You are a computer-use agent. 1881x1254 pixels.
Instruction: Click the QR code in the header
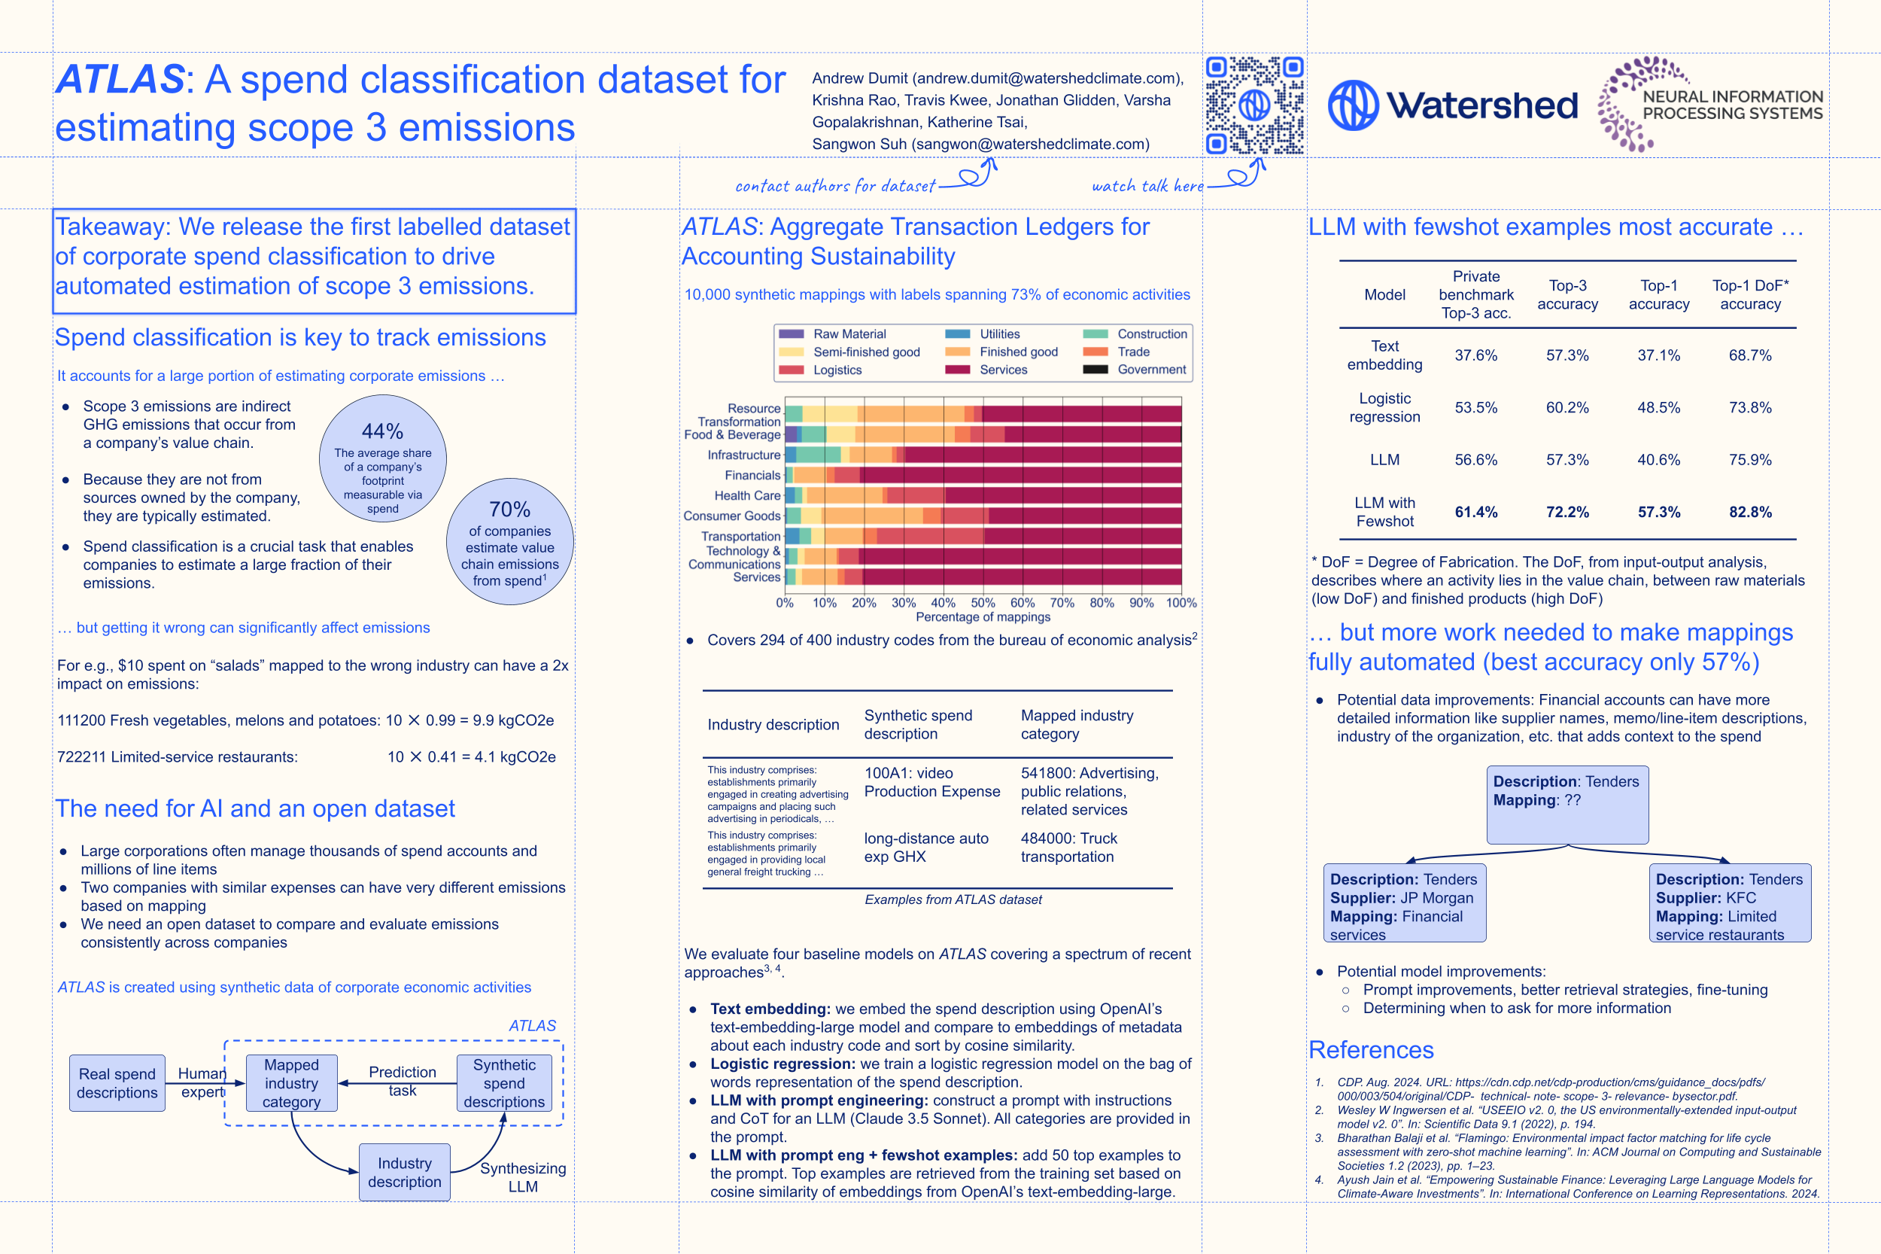(1253, 105)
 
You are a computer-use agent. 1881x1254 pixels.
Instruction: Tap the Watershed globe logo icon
(1353, 105)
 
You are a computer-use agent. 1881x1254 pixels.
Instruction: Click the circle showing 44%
(382, 458)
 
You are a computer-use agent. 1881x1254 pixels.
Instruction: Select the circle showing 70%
(509, 541)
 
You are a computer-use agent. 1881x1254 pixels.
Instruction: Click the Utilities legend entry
(984, 334)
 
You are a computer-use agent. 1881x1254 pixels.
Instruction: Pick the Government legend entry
(1136, 370)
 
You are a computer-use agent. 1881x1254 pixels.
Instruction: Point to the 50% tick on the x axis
(983, 603)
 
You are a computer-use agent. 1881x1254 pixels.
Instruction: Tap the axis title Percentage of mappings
(983, 617)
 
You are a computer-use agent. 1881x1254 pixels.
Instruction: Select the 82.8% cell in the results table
(1750, 512)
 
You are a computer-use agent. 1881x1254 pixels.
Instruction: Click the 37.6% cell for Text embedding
(1475, 355)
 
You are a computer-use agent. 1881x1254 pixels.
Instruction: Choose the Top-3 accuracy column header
(1566, 294)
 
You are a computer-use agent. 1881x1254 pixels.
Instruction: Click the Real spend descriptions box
(117, 1083)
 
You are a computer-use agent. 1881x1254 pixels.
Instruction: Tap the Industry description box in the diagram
(405, 1172)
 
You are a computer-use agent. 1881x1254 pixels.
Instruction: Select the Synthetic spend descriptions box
(503, 1083)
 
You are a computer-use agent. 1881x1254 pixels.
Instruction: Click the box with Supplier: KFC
(1729, 902)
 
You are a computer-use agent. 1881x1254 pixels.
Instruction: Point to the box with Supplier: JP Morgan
(1404, 902)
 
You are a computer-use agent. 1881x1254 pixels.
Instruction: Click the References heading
(1371, 1049)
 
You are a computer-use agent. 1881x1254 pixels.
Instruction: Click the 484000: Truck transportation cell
(1069, 847)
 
